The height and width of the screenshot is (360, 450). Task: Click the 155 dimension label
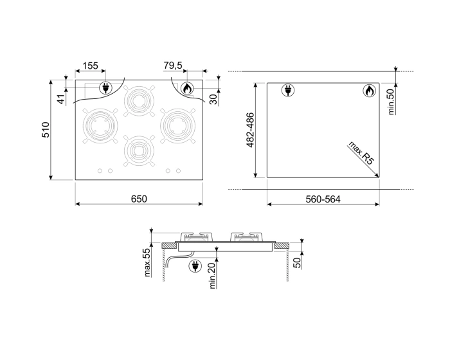pos(90,66)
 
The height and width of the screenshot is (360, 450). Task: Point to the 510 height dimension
pos(46,131)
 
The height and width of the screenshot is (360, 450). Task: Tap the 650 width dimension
pos(139,199)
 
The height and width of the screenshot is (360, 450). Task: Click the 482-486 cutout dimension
pos(251,131)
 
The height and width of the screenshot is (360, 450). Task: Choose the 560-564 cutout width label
pos(323,199)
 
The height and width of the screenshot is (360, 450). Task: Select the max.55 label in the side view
pos(147,263)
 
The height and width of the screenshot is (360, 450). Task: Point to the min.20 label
pos(212,276)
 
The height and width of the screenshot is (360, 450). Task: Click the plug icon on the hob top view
pos(103,88)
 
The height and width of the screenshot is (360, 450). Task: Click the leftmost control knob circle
pos(100,171)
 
